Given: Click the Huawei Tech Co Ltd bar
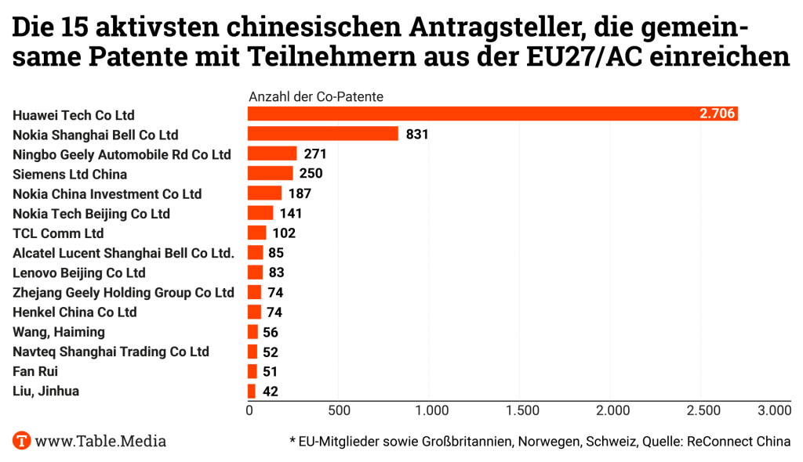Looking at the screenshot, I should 492,114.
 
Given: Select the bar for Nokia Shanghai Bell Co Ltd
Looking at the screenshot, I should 323,134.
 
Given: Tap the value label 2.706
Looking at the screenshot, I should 717,114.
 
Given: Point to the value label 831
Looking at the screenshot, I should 417,134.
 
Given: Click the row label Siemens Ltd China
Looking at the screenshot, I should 70,174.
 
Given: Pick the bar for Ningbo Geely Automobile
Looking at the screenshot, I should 272,153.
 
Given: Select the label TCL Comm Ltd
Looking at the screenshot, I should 58,233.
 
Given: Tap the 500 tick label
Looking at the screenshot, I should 339,410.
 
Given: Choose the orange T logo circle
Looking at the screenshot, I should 22,441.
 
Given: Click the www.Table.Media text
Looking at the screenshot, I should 100,441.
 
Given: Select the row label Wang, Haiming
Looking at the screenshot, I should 59,332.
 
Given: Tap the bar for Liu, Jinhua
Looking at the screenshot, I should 252,391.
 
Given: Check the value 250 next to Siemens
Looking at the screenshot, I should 311,174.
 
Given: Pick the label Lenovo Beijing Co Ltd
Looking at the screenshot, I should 79,273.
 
